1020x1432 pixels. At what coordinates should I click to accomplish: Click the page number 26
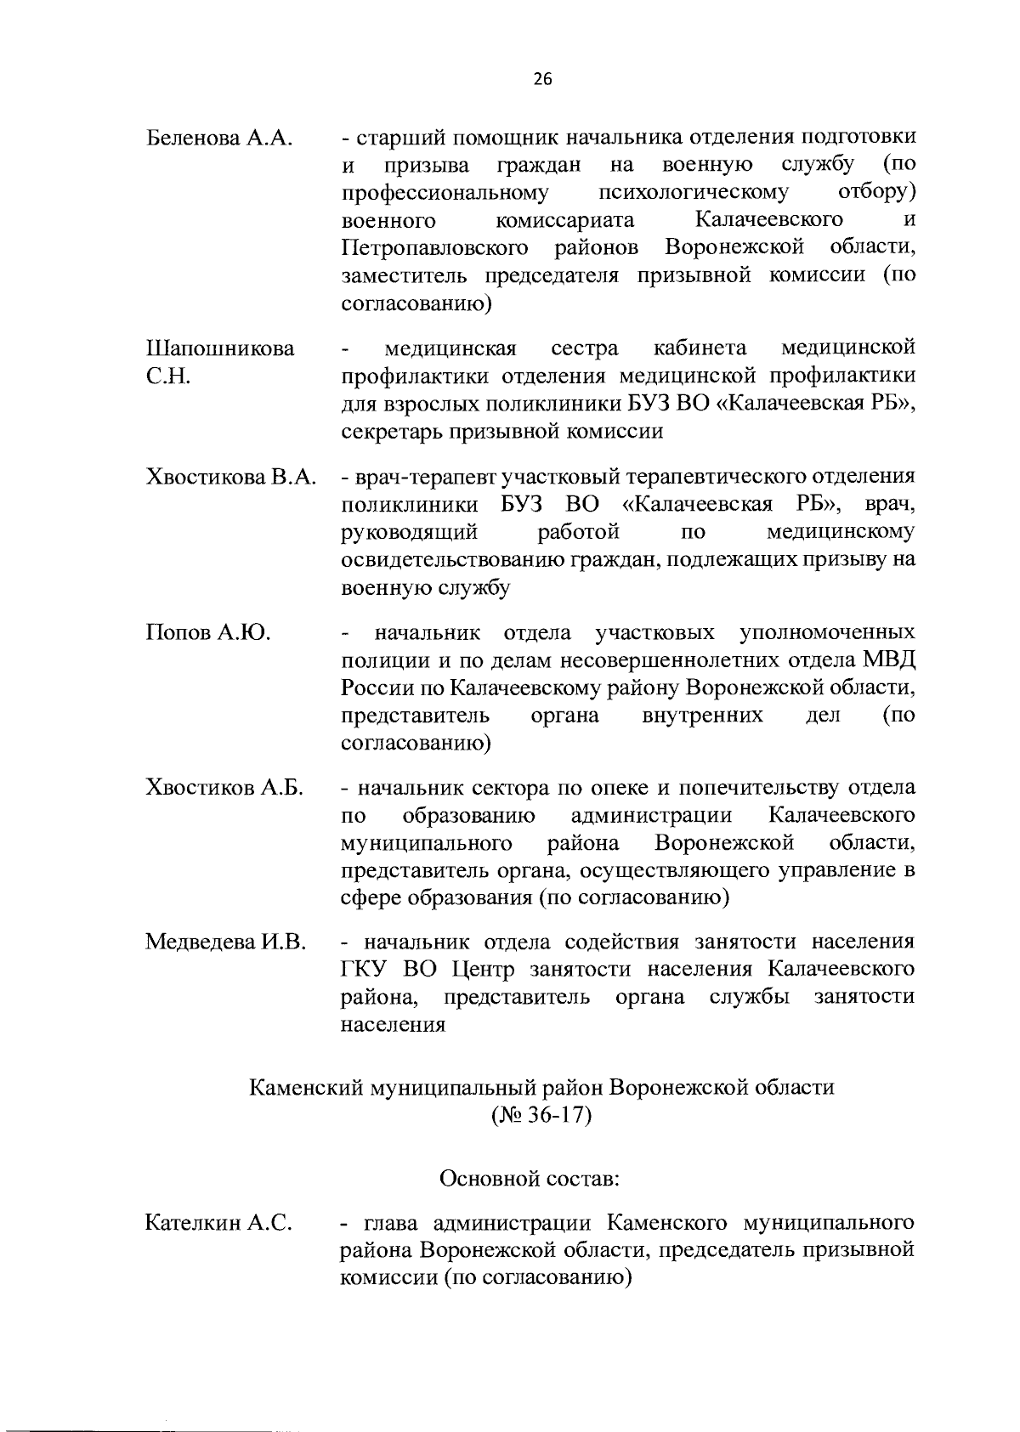coord(542,79)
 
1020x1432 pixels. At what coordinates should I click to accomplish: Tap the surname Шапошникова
coord(220,348)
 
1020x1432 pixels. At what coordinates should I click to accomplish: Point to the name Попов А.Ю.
coord(207,632)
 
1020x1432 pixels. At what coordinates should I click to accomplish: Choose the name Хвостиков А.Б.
coord(224,787)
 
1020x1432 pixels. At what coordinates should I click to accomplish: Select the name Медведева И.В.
coord(226,942)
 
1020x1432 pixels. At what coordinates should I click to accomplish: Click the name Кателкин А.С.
coord(219,1223)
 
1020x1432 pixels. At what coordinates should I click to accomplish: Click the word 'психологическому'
coord(693,192)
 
